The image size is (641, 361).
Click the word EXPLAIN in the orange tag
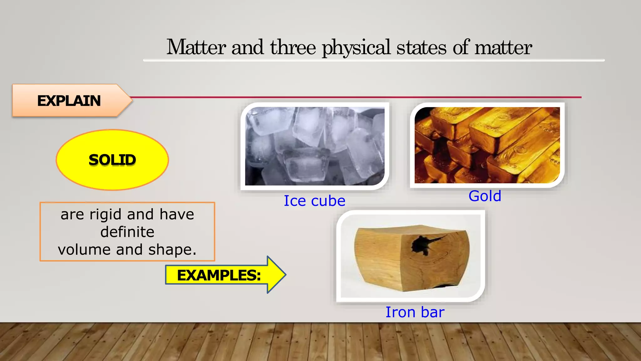pyautogui.click(x=69, y=101)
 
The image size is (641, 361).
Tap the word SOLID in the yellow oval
pyautogui.click(x=112, y=160)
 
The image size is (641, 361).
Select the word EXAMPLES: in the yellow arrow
pyautogui.click(x=219, y=275)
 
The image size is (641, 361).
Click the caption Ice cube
pyautogui.click(x=314, y=201)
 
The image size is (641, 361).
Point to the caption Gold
pyautogui.click(x=485, y=196)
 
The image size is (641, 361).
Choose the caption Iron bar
pyautogui.click(x=415, y=312)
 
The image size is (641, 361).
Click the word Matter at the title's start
pyautogui.click(x=196, y=47)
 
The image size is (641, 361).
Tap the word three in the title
pyautogui.click(x=293, y=47)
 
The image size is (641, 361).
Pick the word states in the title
pyautogui.click(x=421, y=47)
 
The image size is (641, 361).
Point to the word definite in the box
pyautogui.click(x=127, y=232)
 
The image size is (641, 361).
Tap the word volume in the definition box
pyautogui.click(x=84, y=250)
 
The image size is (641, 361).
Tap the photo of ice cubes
pyautogui.click(x=315, y=146)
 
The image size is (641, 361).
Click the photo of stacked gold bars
pyautogui.click(x=487, y=145)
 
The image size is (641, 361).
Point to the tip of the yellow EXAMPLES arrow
pyautogui.click(x=285, y=275)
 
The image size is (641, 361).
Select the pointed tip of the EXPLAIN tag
pyautogui.click(x=131, y=100)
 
